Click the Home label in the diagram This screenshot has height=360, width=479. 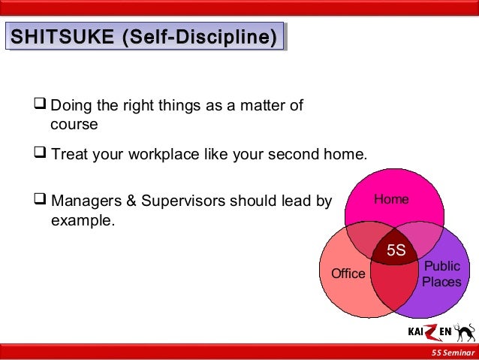(x=391, y=199)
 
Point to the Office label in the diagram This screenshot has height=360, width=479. (x=348, y=274)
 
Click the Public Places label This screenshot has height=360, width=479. (x=441, y=274)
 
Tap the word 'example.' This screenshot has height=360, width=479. (x=83, y=221)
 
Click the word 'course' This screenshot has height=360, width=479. (x=74, y=124)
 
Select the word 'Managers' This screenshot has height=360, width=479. (x=84, y=202)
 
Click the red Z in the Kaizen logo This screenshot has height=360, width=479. (x=432, y=331)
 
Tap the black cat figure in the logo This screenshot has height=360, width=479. (x=465, y=331)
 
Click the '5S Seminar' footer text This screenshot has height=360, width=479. (x=452, y=353)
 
